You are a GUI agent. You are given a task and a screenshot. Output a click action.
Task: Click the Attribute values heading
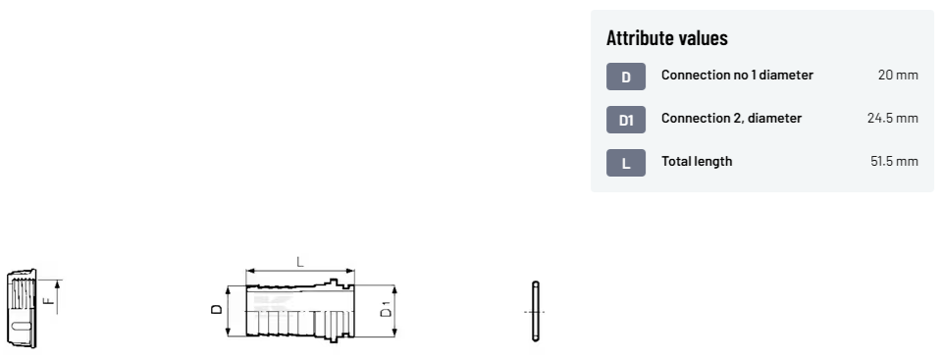pyautogui.click(x=666, y=38)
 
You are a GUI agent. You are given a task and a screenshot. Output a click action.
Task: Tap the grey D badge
pyautogui.click(x=626, y=77)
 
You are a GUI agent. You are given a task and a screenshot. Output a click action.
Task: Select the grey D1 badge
pyautogui.click(x=626, y=120)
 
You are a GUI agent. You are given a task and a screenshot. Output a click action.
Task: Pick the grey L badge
pyautogui.click(x=626, y=163)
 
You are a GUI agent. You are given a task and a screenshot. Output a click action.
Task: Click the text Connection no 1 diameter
pyautogui.click(x=737, y=75)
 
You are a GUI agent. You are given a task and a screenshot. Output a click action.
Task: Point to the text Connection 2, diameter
pyautogui.click(x=731, y=118)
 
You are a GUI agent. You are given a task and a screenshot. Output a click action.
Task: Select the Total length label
pyautogui.click(x=697, y=162)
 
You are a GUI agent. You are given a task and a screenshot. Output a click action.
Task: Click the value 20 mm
pyautogui.click(x=898, y=75)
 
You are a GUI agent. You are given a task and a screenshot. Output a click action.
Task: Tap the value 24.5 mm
pyautogui.click(x=892, y=118)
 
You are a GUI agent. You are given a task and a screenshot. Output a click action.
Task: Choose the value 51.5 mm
pyautogui.click(x=894, y=162)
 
